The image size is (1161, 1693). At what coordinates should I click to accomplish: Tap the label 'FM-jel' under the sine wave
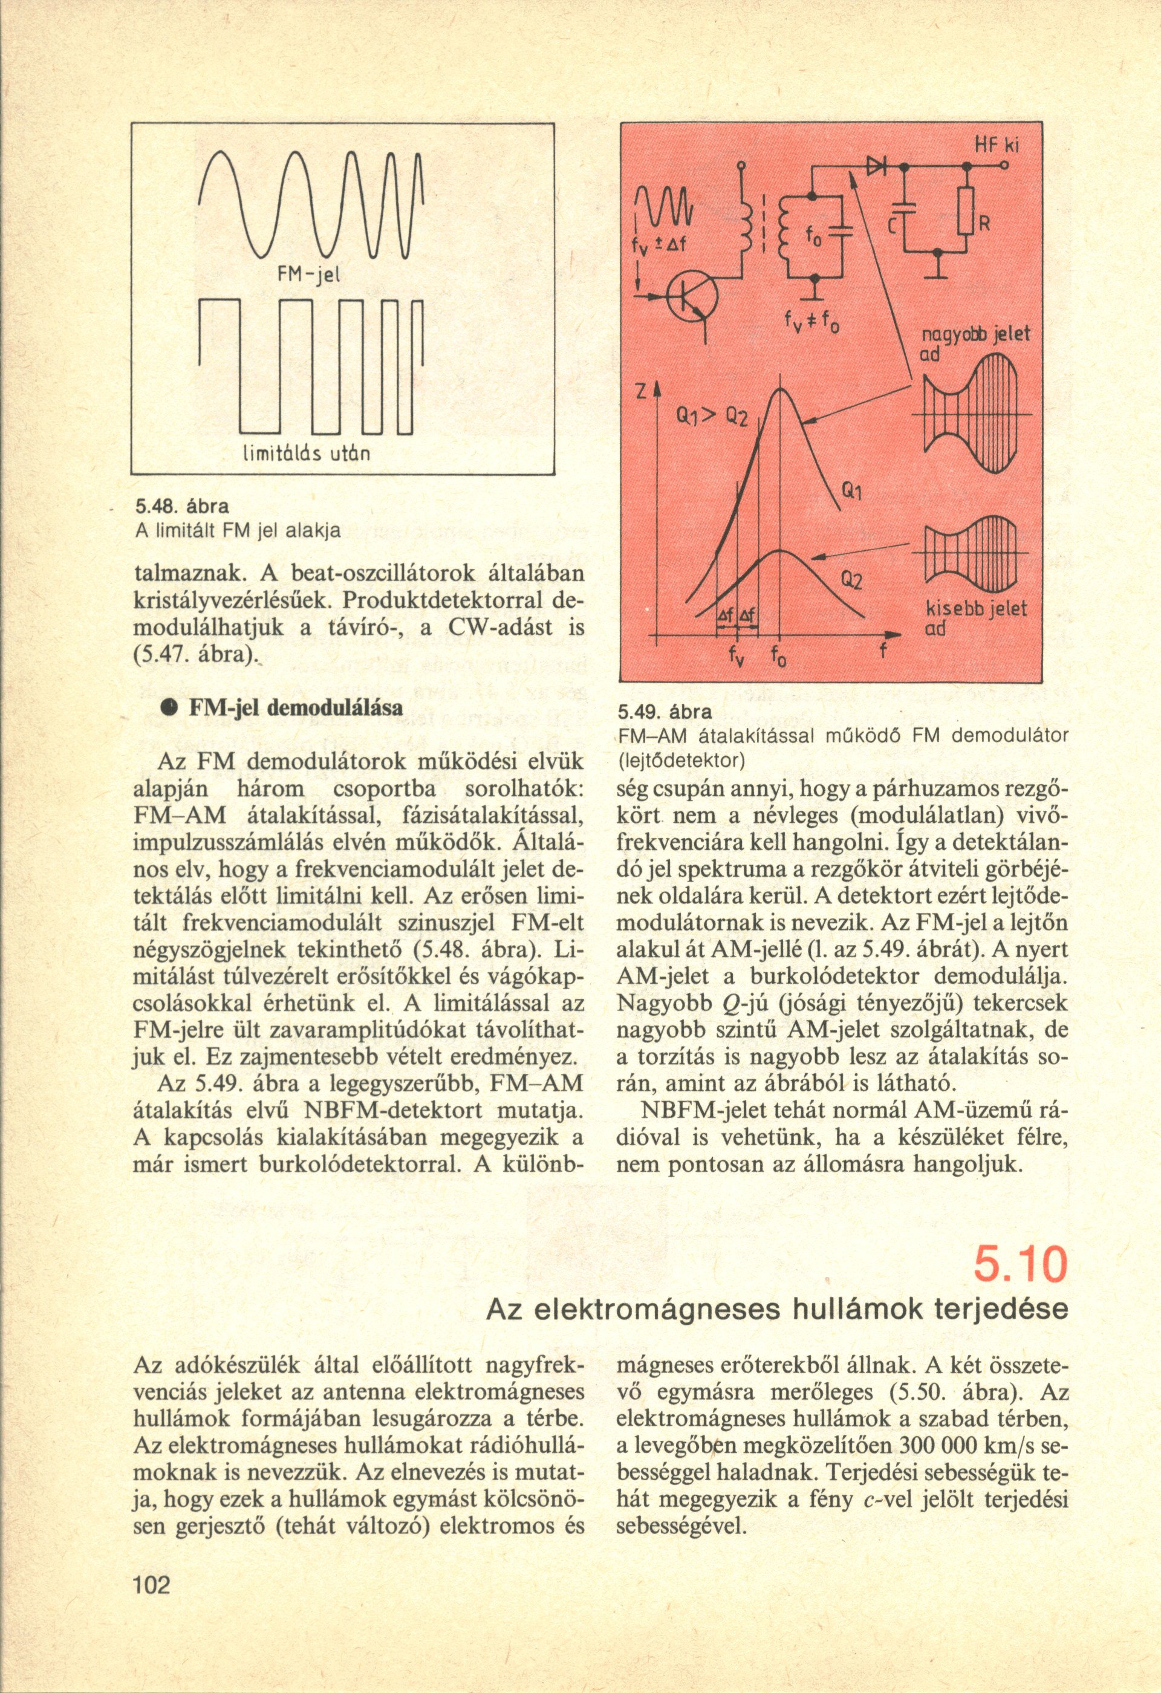click(313, 275)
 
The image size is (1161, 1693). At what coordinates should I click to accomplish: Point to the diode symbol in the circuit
click(875, 167)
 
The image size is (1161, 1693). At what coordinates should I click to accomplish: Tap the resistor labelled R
click(965, 211)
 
